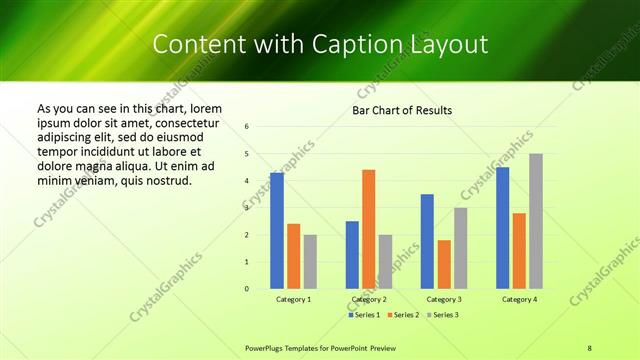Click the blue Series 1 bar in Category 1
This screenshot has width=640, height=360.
pyautogui.click(x=277, y=231)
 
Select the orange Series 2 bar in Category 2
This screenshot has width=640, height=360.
pyautogui.click(x=368, y=229)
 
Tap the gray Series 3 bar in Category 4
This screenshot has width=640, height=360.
pyautogui.click(x=536, y=221)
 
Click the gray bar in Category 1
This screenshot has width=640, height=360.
pyautogui.click(x=310, y=262)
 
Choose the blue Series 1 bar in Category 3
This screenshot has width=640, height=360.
pyautogui.click(x=427, y=241)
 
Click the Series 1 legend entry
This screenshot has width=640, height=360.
pyautogui.click(x=364, y=314)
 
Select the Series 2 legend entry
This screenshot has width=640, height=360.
pyautogui.click(x=403, y=314)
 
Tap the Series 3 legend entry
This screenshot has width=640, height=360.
pyautogui.click(x=442, y=314)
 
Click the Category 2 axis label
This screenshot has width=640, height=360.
pyautogui.click(x=368, y=299)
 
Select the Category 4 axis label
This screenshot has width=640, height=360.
pyautogui.click(x=519, y=299)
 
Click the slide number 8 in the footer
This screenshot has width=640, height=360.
pyautogui.click(x=590, y=347)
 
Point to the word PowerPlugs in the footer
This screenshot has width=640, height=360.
pyautogui.click(x=266, y=347)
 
